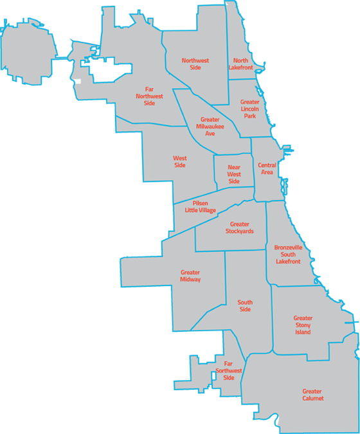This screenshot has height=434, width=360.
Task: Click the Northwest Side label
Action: pos(195,64)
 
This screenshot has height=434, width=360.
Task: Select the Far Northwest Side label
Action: pos(150,96)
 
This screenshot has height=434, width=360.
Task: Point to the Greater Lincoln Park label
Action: pos(249,109)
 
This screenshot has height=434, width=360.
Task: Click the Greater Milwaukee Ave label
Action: pos(210,126)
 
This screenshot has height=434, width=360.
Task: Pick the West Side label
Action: pos(179,161)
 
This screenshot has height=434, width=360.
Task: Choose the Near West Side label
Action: pos(234,174)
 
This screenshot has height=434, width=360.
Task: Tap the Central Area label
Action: pos(267,169)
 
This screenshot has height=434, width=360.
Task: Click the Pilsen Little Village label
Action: pos(201,206)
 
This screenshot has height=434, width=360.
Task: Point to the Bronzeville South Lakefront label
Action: pos(287,255)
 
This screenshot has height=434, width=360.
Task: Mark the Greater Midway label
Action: pos(190,276)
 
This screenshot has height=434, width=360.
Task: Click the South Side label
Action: pos(245,306)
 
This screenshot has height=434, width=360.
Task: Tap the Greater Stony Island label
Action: pos(303,325)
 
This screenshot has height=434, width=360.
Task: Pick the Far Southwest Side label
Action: pos(229,371)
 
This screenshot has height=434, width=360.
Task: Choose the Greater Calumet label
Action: pos(312,395)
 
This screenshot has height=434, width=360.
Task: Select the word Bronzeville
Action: pos(287,248)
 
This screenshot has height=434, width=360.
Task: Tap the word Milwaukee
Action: pos(210,126)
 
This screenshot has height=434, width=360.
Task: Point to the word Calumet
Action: pos(312,399)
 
